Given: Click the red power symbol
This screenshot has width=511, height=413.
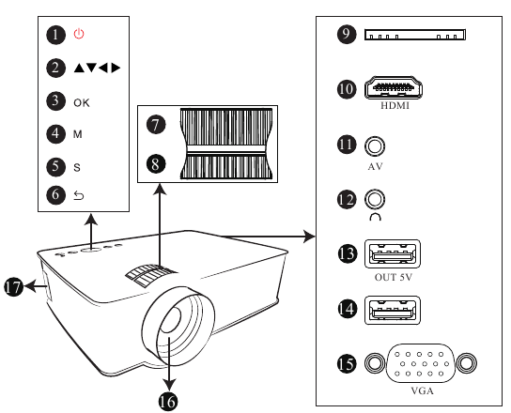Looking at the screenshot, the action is (x=79, y=34).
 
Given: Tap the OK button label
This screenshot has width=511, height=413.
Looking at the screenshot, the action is (x=82, y=103).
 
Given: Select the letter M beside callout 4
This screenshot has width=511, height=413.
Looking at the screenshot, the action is (x=78, y=134).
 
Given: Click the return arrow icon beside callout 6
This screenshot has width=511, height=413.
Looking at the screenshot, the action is (x=79, y=195).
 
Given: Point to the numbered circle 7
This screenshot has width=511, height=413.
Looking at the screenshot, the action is (x=156, y=125).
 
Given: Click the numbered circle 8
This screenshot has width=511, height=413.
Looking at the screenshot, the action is (x=156, y=164).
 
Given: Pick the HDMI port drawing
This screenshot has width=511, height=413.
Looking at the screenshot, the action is (x=394, y=87).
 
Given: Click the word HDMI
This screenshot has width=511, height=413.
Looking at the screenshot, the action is (x=395, y=106).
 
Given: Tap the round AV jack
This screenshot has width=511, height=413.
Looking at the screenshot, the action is (x=375, y=145).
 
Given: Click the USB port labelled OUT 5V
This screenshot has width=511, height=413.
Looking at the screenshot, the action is (x=393, y=253).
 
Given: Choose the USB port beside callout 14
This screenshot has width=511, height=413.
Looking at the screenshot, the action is (x=393, y=310).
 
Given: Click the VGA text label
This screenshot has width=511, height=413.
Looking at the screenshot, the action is (x=423, y=390).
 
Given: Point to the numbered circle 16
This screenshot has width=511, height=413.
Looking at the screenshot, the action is (x=168, y=402).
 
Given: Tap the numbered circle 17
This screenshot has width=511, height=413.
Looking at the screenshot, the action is (x=14, y=287).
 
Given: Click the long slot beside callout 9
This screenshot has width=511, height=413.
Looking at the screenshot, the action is (x=415, y=35).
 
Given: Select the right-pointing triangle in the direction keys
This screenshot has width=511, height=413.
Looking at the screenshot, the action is (x=116, y=68).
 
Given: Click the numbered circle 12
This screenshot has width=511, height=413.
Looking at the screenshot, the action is (x=347, y=199).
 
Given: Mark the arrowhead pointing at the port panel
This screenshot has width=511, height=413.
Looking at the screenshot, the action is (x=309, y=237).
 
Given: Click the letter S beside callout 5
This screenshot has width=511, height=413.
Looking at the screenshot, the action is (x=77, y=167).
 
